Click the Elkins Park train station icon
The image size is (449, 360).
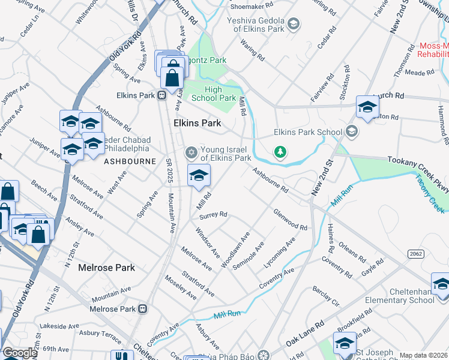click(x=161, y=95)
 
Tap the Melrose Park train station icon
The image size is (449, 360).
click(x=143, y=309)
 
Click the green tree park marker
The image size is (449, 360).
click(x=280, y=152)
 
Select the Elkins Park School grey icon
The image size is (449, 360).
click(x=352, y=131)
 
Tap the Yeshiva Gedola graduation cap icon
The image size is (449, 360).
click(x=293, y=24)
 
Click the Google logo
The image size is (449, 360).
click(x=20, y=353)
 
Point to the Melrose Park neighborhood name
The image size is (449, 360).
click(x=106, y=268)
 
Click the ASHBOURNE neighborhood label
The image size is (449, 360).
click(x=130, y=161)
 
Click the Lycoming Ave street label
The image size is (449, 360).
click(x=280, y=251)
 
